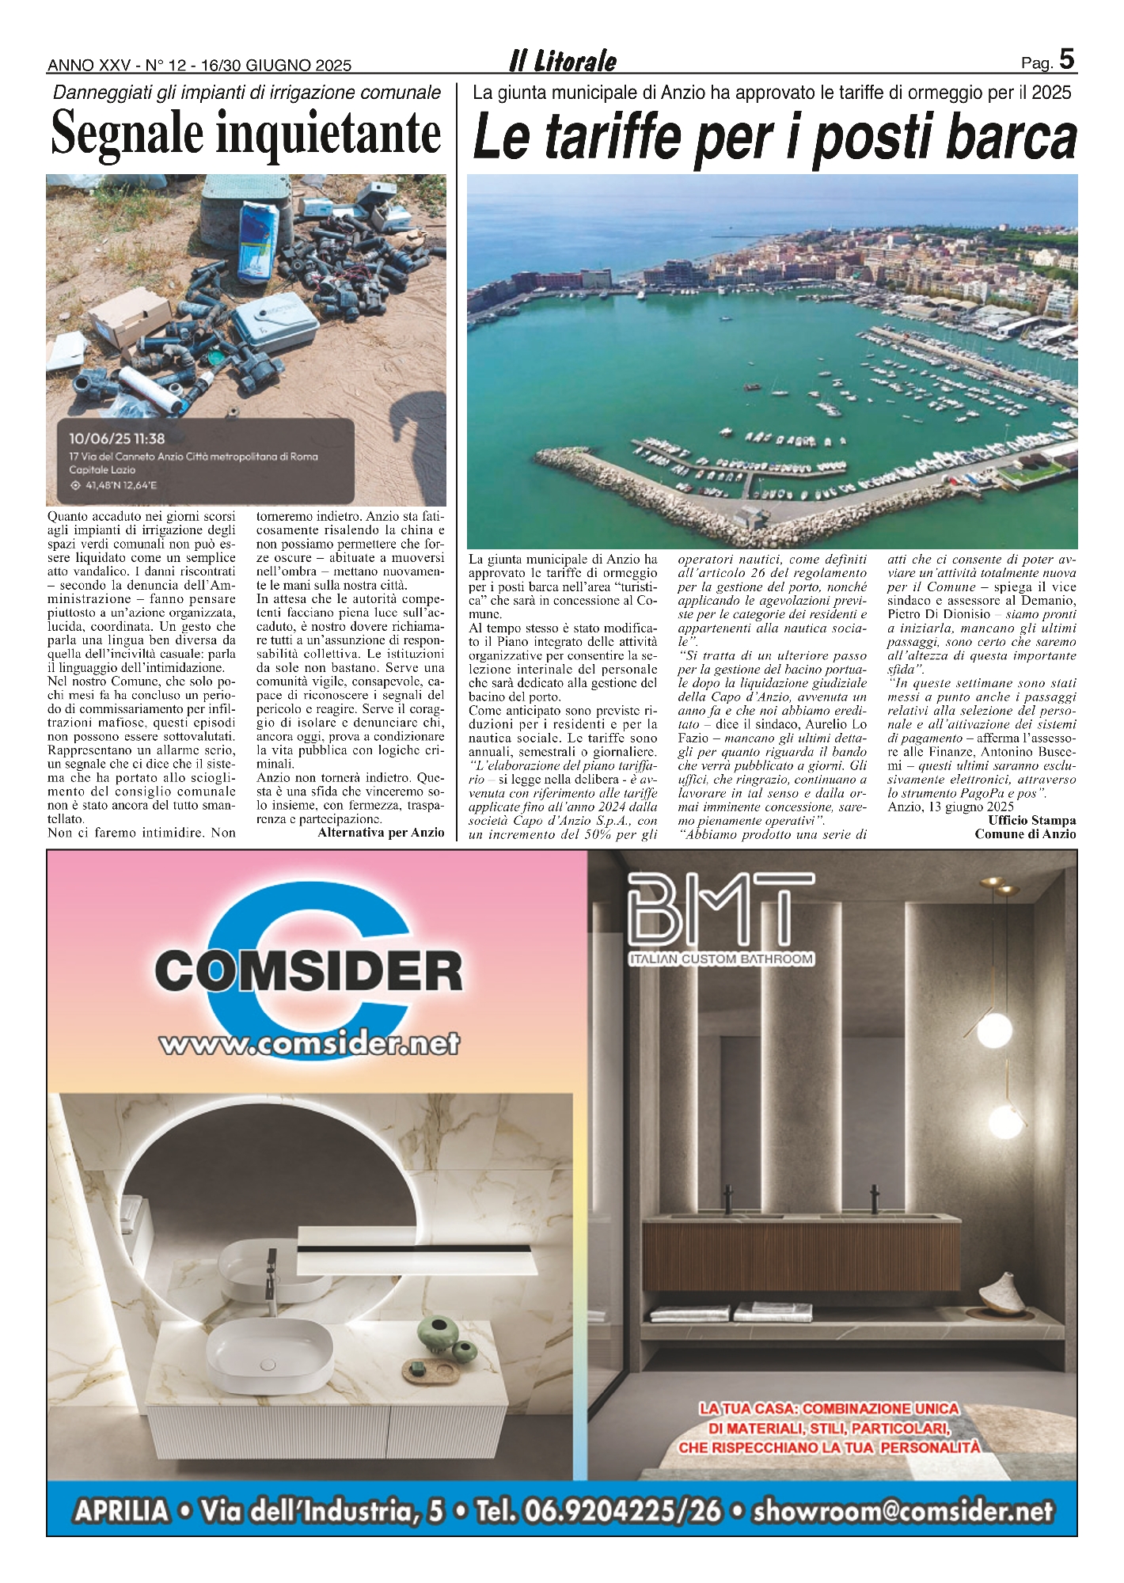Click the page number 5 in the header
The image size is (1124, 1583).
point(1066,59)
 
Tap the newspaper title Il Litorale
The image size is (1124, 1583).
point(563,61)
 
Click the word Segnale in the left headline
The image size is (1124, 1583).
point(127,133)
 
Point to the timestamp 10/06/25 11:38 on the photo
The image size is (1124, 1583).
point(116,438)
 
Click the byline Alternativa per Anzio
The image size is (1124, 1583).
point(381,833)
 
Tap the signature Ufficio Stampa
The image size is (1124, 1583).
point(1031,820)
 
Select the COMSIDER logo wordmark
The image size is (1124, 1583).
point(309,970)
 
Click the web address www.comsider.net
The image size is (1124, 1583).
point(309,1044)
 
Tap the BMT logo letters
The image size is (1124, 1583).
point(720,908)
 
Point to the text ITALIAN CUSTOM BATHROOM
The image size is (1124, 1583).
point(721,959)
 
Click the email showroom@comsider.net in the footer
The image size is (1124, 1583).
point(903,1511)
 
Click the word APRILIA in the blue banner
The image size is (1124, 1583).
point(122,1511)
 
